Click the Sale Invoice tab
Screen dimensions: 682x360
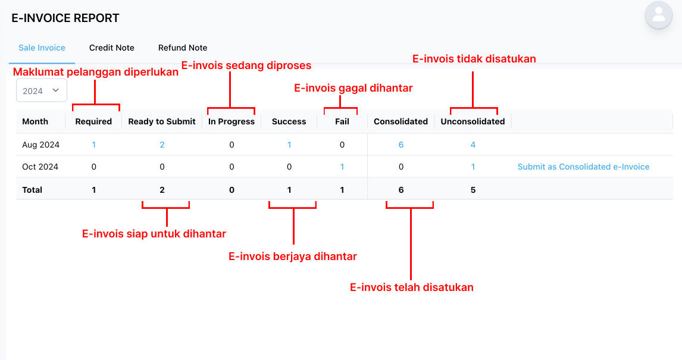(42, 48)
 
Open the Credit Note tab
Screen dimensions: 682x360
(112, 48)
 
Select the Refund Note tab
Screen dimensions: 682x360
(183, 48)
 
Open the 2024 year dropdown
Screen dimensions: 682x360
(41, 90)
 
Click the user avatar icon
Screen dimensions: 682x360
(659, 15)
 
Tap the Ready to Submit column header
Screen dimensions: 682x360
(162, 122)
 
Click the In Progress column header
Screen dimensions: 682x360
(231, 122)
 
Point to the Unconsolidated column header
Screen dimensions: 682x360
(473, 122)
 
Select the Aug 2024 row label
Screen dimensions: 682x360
(41, 145)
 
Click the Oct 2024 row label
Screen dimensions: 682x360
(40, 167)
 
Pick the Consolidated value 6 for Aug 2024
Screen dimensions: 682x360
(401, 145)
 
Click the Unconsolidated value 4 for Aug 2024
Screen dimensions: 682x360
(473, 145)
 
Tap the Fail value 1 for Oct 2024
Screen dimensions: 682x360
(342, 167)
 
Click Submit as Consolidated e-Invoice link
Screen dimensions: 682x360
(583, 167)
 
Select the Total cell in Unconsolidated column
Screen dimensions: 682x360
(473, 190)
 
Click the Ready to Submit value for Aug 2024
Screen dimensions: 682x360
(162, 145)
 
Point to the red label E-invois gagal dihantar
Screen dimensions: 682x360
(353, 88)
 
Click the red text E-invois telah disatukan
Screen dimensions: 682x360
(411, 287)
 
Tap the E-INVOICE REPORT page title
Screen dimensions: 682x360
(65, 18)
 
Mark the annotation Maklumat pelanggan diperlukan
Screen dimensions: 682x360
(96, 72)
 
